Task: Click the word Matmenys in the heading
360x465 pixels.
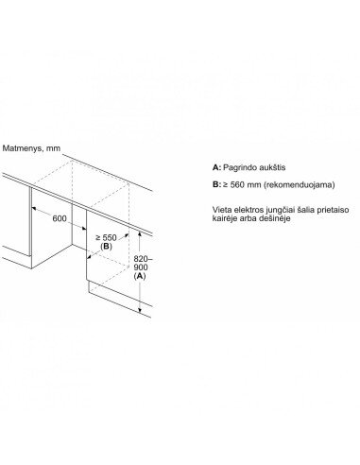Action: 22,148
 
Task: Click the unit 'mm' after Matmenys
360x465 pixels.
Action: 53,148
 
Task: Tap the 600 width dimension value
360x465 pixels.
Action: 60,218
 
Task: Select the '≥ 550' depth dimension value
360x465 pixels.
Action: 106,237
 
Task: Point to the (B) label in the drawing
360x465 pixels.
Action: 106,247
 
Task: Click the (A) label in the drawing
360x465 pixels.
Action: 140,276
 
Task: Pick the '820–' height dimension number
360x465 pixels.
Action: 143,259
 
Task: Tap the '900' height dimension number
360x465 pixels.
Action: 141,267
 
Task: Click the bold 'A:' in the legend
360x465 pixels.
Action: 216,167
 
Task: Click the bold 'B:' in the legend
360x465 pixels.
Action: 216,184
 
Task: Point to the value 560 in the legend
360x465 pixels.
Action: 237,184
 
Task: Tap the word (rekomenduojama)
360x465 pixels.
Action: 300,184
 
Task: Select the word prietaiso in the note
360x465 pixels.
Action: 335,210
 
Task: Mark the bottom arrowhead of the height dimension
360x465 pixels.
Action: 140,311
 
